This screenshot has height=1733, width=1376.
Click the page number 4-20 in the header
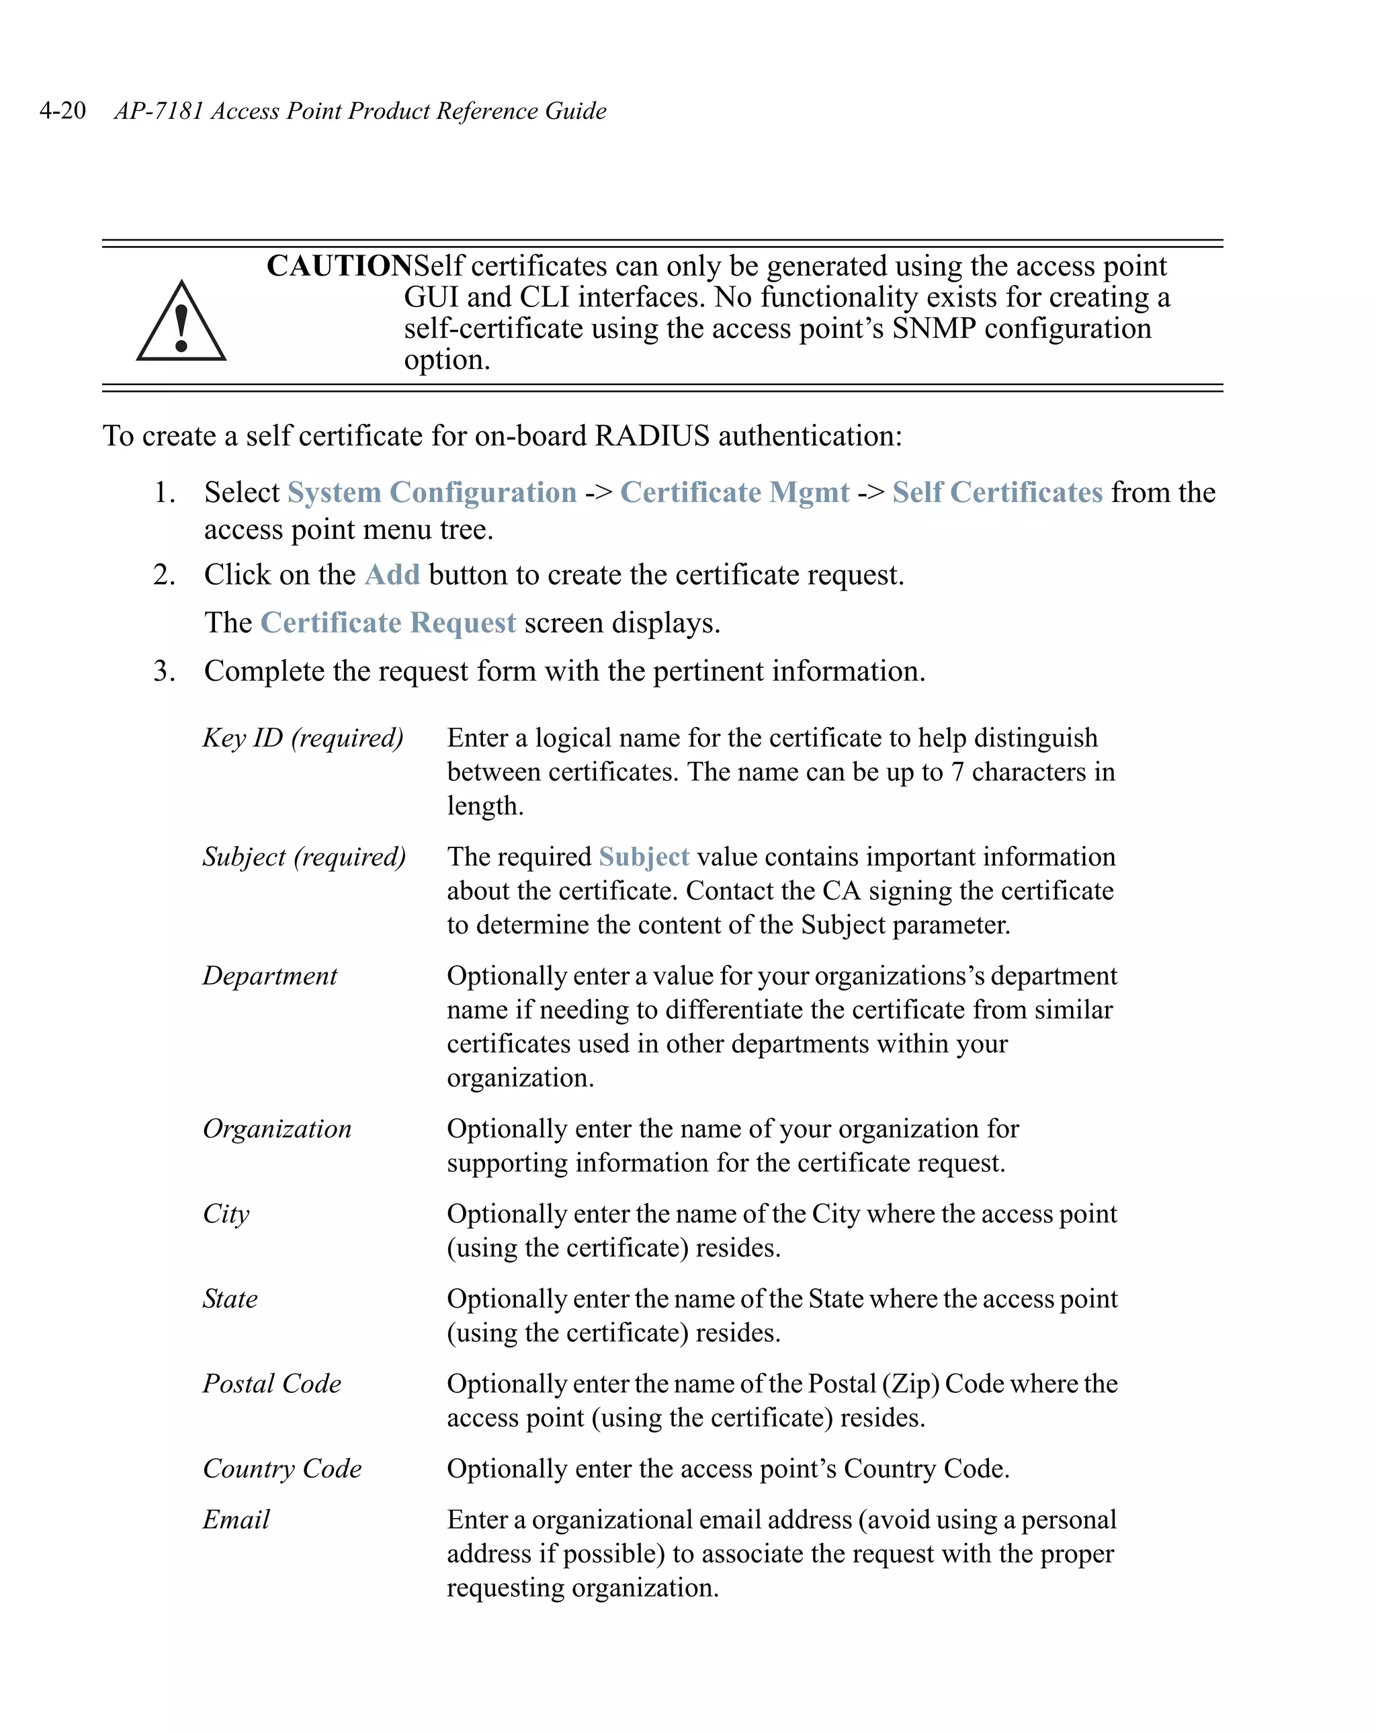[x=62, y=110]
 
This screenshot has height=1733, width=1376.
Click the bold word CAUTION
[x=339, y=266]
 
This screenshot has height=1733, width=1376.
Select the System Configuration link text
[x=431, y=492]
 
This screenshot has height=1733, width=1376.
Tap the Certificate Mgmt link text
[x=734, y=492]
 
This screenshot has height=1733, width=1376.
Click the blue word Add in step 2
[x=392, y=575]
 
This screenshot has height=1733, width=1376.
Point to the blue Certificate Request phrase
[x=388, y=623]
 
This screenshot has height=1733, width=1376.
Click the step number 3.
[x=164, y=671]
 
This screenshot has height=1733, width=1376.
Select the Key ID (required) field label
[x=302, y=738]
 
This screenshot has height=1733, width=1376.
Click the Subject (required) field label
[x=304, y=857]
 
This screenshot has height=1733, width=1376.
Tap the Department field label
[x=269, y=976]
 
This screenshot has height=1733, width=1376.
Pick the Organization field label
[x=277, y=1128]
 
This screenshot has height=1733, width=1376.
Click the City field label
[x=226, y=1214]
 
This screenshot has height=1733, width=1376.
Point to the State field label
[x=230, y=1299]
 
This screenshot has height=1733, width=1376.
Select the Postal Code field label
[x=271, y=1384]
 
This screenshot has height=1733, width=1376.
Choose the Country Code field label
[x=282, y=1468]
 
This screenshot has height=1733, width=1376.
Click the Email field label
[x=236, y=1519]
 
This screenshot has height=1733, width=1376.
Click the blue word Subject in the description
[x=643, y=857]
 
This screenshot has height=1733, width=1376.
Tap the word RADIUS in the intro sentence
[x=652, y=435]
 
